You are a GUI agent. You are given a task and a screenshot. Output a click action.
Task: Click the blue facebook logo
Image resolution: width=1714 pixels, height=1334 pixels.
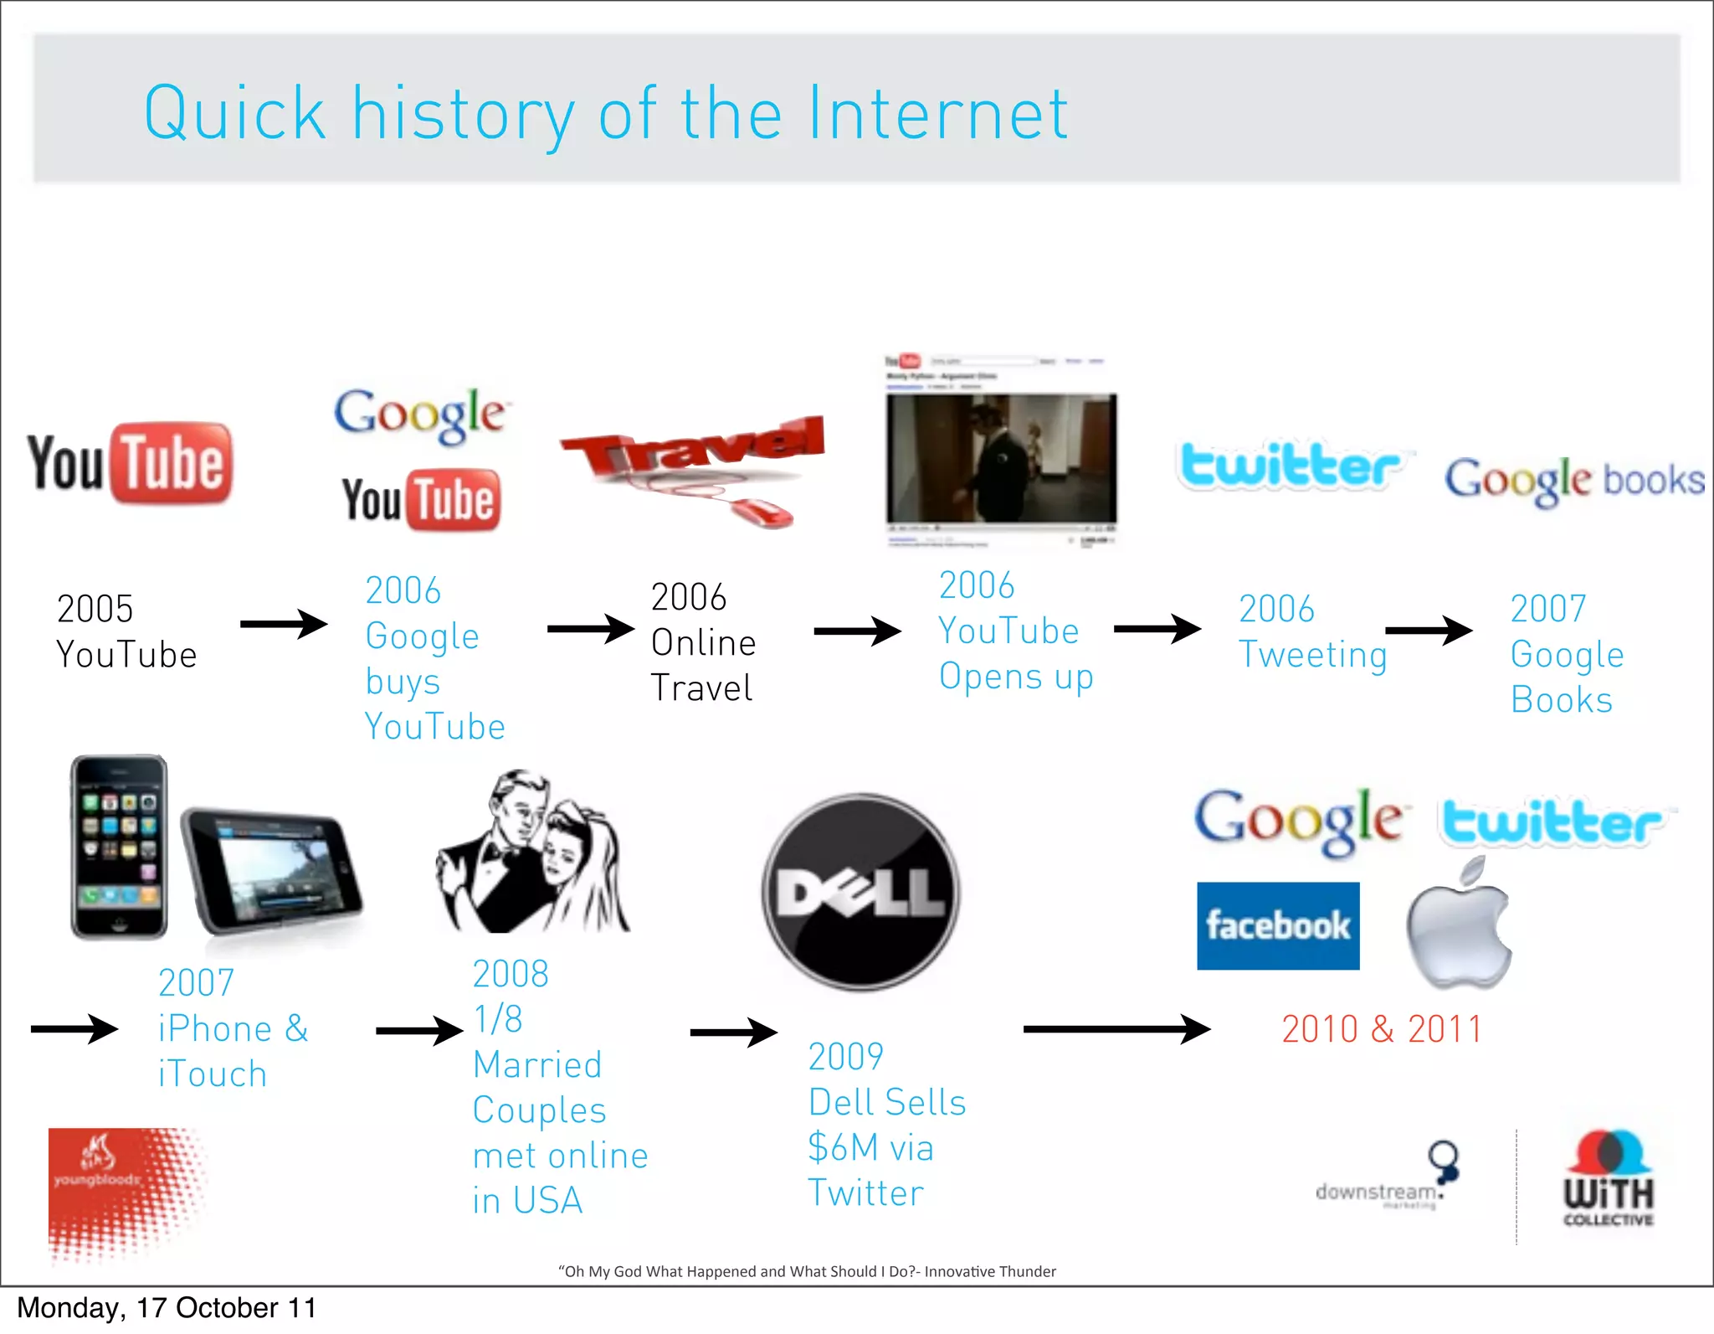coord(1277,925)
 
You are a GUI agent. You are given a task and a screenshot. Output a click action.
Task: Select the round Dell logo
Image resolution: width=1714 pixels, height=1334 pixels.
coord(861,893)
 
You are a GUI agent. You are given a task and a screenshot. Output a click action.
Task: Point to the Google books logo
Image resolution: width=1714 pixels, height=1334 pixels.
coord(1573,481)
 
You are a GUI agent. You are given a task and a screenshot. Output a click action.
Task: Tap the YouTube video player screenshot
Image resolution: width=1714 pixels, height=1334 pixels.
coord(1001,456)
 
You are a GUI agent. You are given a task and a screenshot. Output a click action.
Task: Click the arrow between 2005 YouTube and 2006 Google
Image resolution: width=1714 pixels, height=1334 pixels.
coord(283,624)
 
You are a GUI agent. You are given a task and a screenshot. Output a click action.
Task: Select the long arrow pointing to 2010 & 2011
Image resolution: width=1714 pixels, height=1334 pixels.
coord(1116,1029)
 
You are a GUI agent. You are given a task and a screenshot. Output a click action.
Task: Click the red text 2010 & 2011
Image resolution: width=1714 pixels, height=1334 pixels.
coord(1381,1029)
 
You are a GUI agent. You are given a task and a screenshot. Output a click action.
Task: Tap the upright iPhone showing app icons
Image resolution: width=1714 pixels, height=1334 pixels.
coord(119,846)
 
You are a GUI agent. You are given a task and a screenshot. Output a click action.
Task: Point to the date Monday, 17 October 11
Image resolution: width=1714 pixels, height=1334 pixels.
coord(167,1308)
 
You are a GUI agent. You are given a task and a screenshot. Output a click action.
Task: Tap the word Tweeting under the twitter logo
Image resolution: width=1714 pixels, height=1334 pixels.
coord(1312,655)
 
